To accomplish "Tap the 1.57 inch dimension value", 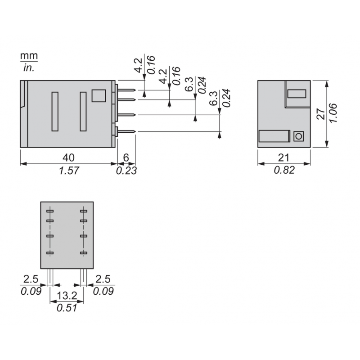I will coord(68,171).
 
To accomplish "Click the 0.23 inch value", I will coord(126,171).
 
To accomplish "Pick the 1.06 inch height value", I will coord(333,114).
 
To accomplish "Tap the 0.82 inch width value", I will coord(284,171).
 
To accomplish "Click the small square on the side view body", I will coord(99,96).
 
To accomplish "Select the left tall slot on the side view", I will coord(55,111).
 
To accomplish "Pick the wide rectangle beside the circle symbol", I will coord(274,136).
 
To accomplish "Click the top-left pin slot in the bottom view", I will coord(49,211).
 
